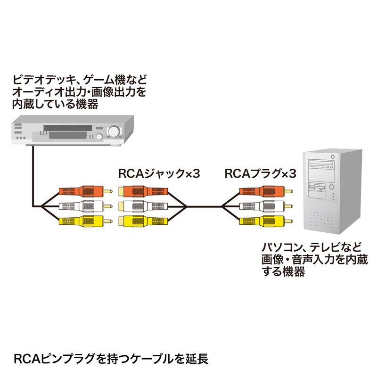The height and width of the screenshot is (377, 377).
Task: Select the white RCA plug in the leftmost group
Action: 83,206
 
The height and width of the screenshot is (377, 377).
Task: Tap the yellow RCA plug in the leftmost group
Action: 83,221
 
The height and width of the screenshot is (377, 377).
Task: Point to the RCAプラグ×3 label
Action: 260,174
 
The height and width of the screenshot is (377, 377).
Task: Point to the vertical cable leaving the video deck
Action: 33,174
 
